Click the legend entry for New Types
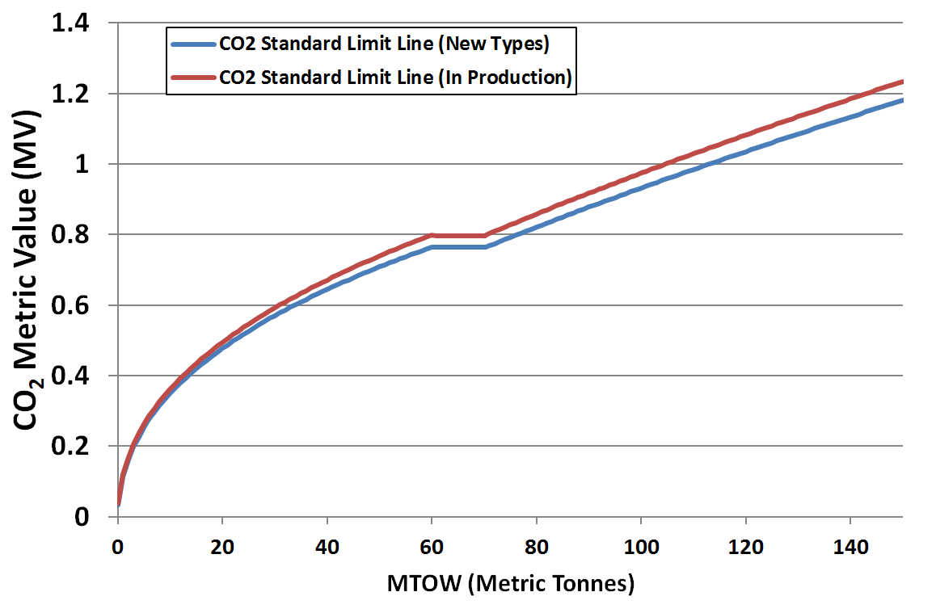[x=385, y=44]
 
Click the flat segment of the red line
[x=458, y=236]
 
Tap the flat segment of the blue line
[x=458, y=246]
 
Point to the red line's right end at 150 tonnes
[x=901, y=82]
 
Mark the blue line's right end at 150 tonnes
[x=901, y=100]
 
